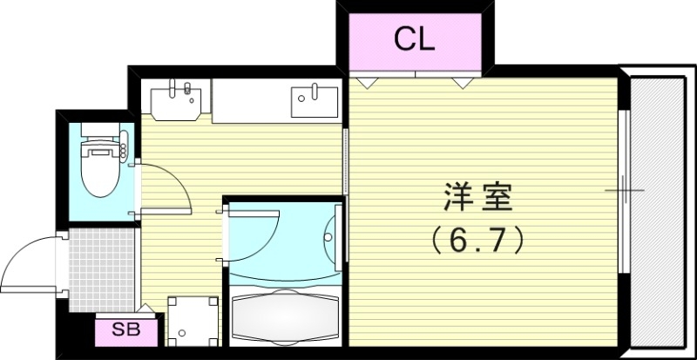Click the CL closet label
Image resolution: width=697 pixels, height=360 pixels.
pos(414,39)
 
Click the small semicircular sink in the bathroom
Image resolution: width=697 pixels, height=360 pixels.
pos(331,234)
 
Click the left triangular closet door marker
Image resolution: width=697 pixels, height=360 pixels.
pos(366,81)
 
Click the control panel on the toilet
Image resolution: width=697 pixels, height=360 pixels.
pos(125,141)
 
